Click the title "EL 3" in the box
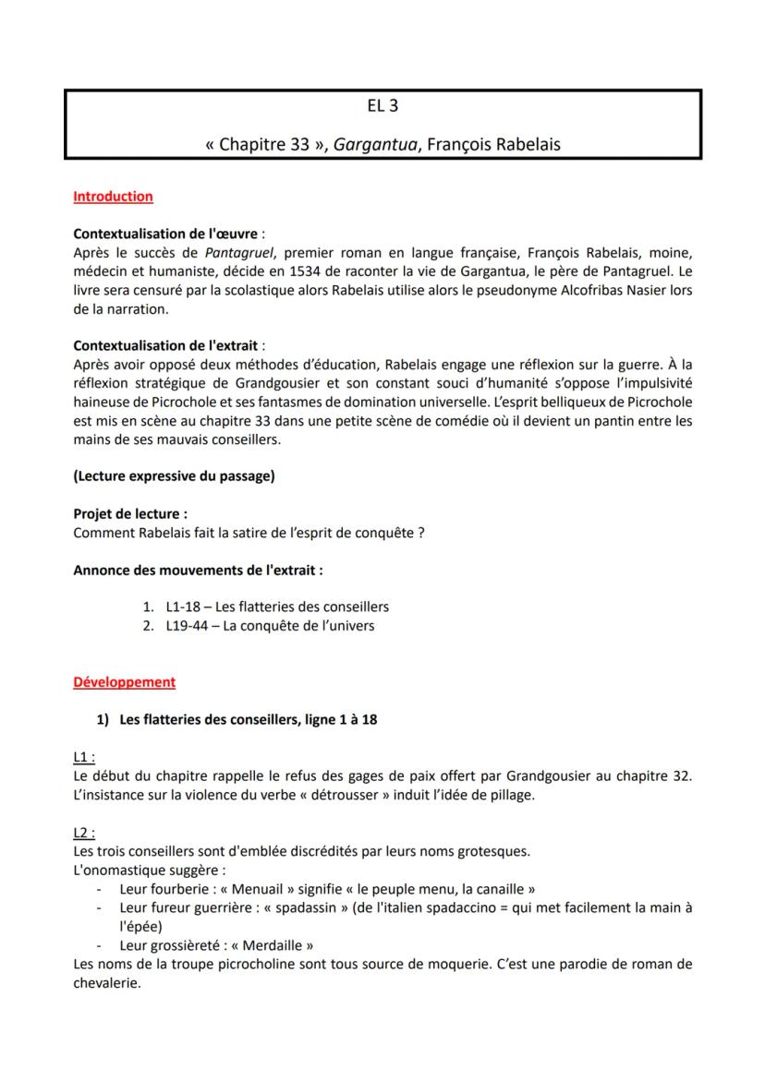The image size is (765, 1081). point(382,106)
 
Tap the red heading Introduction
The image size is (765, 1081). point(113,197)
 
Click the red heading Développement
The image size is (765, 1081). point(124,682)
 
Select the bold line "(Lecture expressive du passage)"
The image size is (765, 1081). point(174,476)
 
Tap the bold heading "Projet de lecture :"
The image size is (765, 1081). point(130,513)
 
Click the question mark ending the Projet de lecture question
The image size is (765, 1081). point(420,533)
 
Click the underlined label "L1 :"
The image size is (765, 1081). point(84,757)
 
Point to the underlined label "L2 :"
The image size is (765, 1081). point(84,832)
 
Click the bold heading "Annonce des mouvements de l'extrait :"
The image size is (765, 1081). point(198,570)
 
